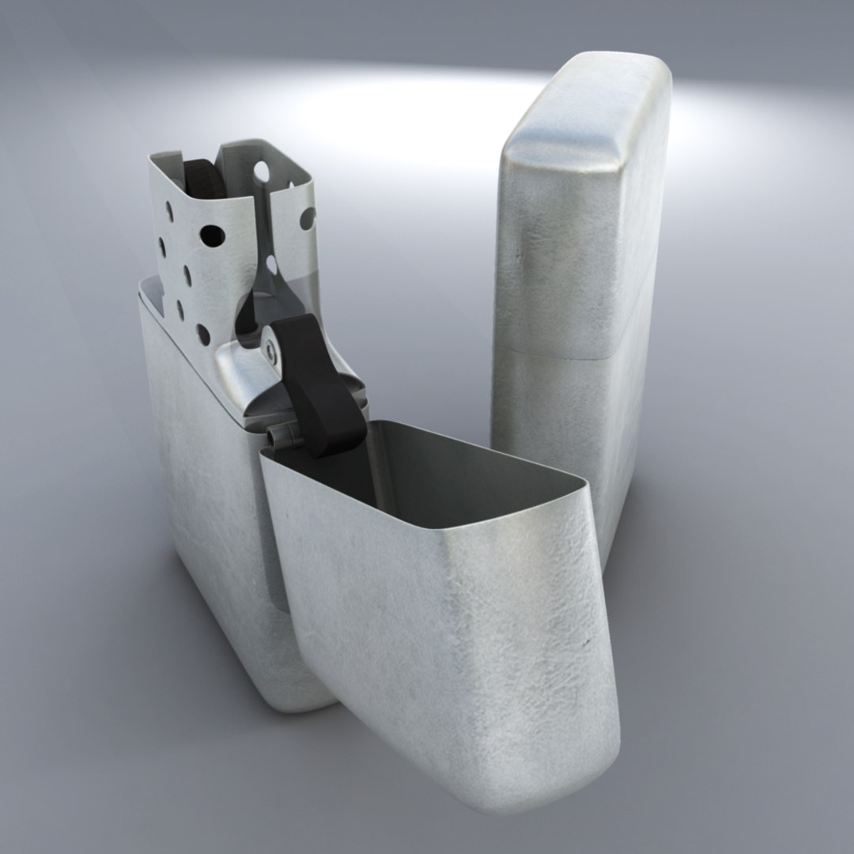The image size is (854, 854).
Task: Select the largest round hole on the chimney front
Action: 212,234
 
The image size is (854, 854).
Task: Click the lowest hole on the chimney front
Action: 202,334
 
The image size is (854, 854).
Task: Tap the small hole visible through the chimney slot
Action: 271,262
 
